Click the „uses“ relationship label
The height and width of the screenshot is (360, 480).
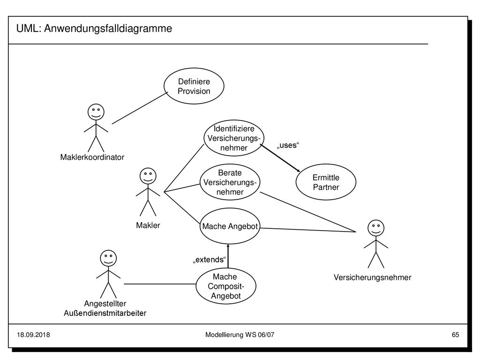[288, 145]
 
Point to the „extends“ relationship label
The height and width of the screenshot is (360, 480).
[210, 260]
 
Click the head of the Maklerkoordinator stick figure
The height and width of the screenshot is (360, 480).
[96, 112]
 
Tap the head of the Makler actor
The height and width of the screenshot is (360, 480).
[148, 176]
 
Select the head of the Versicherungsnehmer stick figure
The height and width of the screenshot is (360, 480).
[376, 228]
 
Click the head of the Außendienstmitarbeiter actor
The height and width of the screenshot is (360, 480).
[108, 258]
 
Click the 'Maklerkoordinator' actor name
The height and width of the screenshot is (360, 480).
[92, 157]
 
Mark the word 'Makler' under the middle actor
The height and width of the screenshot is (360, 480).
[148, 225]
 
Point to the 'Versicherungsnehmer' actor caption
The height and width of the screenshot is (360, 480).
[372, 277]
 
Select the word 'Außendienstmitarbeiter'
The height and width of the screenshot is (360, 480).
[105, 313]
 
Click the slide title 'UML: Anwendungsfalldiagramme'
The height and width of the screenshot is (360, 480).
[94, 29]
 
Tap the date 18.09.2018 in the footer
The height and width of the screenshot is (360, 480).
[33, 335]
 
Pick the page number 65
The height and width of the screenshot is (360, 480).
[455, 335]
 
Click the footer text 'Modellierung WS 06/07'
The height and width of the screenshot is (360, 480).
[240, 335]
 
